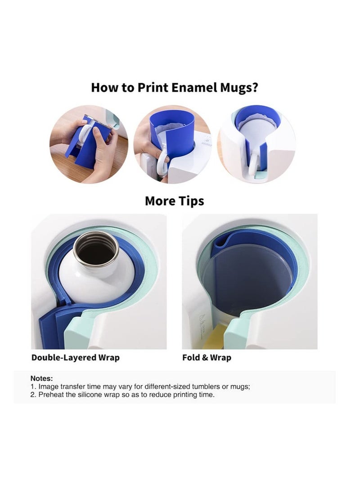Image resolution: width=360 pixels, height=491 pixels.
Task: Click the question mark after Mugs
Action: tap(255, 87)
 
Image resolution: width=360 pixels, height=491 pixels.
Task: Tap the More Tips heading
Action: tap(174, 201)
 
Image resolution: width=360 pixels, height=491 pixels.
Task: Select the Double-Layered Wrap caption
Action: tap(75, 358)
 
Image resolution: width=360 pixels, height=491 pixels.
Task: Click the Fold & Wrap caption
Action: tap(207, 358)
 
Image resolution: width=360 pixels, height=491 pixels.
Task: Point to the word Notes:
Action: tap(41, 378)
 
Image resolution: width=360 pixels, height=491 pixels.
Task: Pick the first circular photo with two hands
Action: tap(89, 144)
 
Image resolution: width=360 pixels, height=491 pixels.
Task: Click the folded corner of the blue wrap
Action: tap(220, 241)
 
